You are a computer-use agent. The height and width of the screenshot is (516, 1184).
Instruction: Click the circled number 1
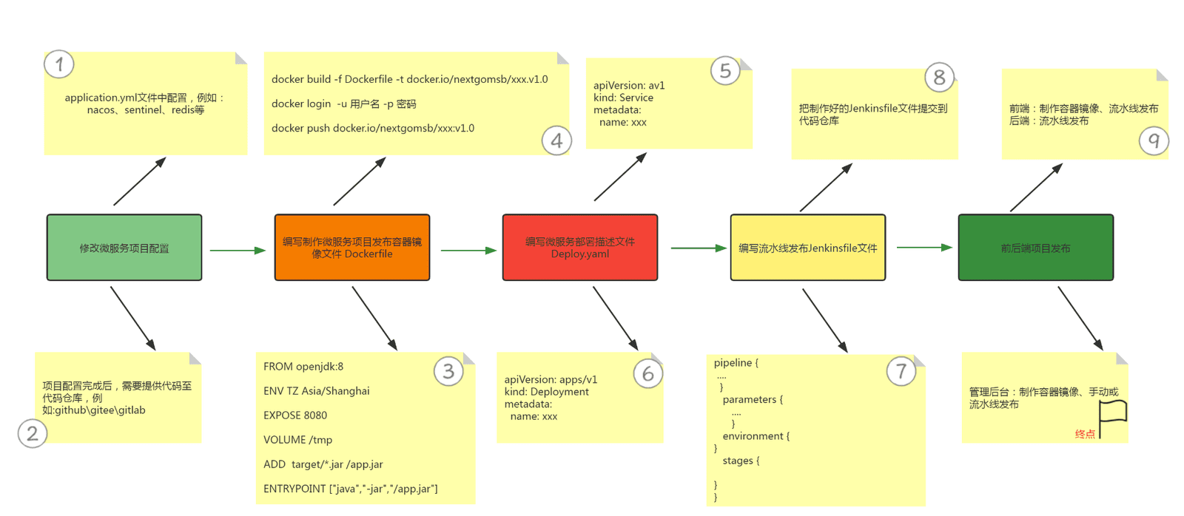[x=58, y=64]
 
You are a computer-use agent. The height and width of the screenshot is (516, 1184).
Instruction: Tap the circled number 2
[x=33, y=434]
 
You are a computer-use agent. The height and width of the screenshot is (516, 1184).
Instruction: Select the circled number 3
[x=448, y=371]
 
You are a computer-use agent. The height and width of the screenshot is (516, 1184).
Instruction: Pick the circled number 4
[x=556, y=140]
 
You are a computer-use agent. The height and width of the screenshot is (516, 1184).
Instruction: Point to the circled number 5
[x=725, y=71]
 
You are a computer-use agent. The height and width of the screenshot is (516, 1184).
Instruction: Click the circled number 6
[x=648, y=374]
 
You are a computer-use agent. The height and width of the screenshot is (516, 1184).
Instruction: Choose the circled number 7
[x=901, y=371]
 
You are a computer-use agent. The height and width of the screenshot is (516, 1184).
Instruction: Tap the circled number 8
[x=939, y=77]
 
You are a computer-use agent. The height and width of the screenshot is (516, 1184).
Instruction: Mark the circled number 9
[x=1154, y=140]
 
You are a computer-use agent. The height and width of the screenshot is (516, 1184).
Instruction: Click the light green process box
[x=124, y=247]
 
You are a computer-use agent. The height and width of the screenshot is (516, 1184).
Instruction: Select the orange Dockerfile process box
[x=352, y=247]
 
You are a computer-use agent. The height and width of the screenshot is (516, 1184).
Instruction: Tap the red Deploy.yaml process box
[x=580, y=247]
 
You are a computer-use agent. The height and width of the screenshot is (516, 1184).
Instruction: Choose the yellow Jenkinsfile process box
[x=807, y=247]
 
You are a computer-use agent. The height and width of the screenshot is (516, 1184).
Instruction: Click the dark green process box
[x=1036, y=247]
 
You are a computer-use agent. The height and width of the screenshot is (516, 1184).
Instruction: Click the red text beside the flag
[x=1085, y=434]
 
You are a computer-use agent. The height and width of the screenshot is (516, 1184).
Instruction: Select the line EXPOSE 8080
[x=295, y=415]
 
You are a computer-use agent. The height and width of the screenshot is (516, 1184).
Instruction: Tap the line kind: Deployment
[x=546, y=391]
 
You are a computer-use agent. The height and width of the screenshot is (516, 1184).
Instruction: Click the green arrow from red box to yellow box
[x=699, y=248]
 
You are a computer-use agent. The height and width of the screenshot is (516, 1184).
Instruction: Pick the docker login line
[x=343, y=103]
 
